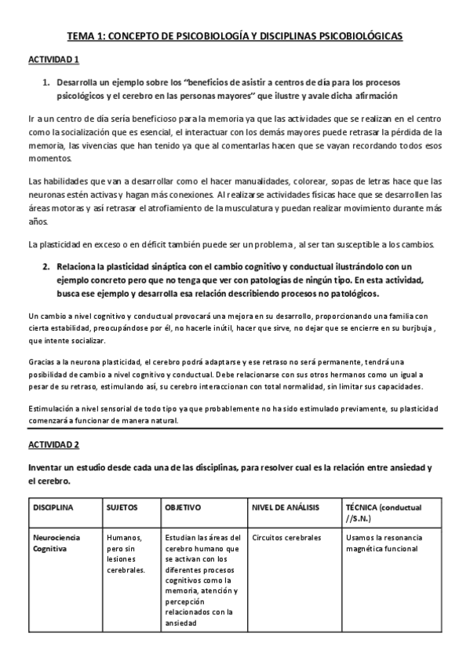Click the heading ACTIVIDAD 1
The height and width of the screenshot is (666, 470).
(x=54, y=60)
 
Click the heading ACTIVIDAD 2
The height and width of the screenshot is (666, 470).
(x=54, y=445)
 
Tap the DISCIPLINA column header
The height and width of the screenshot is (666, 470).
(x=53, y=508)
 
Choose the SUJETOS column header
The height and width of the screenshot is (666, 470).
(x=121, y=508)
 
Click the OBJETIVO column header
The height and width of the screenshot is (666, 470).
(x=184, y=508)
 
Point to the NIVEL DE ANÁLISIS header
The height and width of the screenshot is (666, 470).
(x=284, y=508)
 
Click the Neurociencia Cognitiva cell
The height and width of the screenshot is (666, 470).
(x=56, y=543)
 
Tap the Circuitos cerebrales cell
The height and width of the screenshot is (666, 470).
(x=286, y=538)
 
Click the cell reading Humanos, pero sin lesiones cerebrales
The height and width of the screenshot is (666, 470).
(x=126, y=554)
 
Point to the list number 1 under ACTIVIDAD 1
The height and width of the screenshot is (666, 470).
(x=46, y=81)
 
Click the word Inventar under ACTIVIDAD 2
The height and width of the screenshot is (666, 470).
(x=47, y=468)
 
